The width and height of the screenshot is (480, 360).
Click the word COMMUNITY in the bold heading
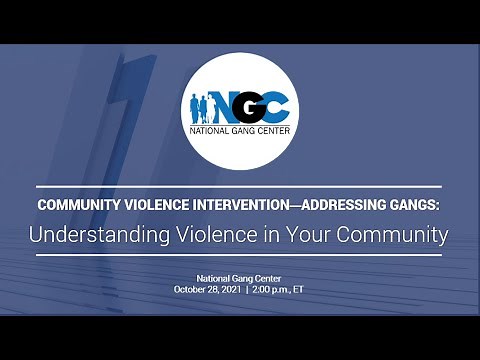point(79,204)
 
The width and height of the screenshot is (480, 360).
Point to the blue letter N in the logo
point(219,104)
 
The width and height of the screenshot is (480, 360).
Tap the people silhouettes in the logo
point(197,105)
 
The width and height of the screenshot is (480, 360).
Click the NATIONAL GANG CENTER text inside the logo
point(239,131)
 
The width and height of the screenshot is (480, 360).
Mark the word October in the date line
point(190,288)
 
